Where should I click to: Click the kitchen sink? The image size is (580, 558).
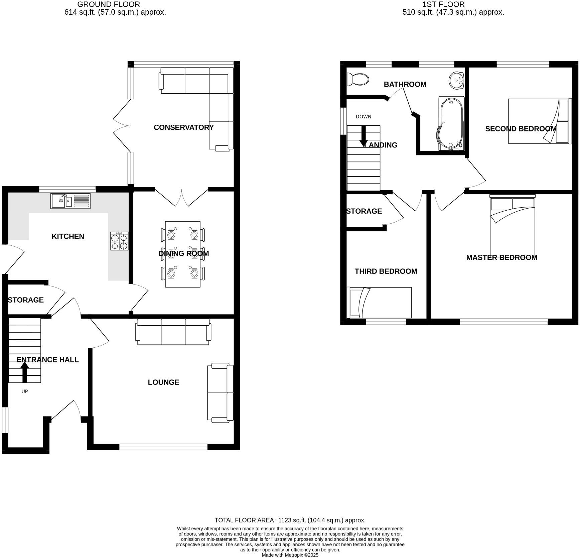coord(70,201)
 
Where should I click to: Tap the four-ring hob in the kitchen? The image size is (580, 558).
coord(119,241)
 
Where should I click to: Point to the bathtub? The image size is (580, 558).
coord(451,124)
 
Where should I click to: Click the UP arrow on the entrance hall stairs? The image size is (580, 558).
coord(24,372)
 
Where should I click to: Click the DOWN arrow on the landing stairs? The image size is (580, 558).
coord(363,136)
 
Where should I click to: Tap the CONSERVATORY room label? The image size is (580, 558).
coord(183,127)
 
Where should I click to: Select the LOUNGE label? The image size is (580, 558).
coord(163,382)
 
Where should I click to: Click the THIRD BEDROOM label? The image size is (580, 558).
coord(386,271)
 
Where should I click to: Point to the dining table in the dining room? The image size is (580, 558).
coord(183,254)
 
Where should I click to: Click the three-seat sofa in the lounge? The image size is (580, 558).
coord(173,332)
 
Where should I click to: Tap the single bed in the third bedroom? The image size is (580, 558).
coord(379,303)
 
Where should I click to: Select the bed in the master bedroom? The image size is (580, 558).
coord(512,227)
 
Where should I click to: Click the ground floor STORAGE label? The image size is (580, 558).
coord(26,300)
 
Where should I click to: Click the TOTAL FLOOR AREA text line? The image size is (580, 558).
coord(290,520)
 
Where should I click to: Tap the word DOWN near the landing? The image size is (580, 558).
coord(363,117)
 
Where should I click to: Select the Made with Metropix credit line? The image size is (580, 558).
coord(290,555)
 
